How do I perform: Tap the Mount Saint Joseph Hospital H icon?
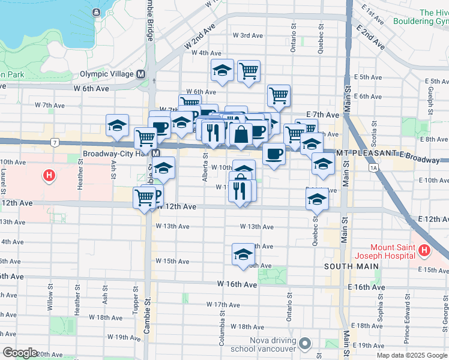424,250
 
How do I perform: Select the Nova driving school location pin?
306,344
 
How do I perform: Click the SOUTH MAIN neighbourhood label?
351,266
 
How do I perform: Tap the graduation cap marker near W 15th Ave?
243,254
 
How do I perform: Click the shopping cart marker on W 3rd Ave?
249,71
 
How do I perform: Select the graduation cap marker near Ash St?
117,125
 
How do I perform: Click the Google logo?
20,353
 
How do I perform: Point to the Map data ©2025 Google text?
411,355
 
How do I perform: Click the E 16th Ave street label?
366,288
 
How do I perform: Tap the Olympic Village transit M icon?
142,74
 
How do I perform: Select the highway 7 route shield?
55,142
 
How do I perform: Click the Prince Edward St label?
406,327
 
